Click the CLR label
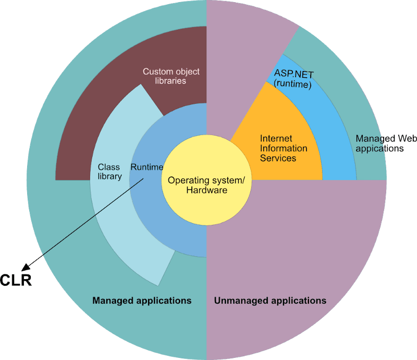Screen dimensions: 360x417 click(x=16, y=280)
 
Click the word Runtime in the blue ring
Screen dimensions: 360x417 click(x=146, y=167)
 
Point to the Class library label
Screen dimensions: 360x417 click(x=110, y=172)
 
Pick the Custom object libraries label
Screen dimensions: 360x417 click(x=171, y=76)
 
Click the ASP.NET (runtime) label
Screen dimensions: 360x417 click(x=293, y=79)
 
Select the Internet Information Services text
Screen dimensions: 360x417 click(x=284, y=148)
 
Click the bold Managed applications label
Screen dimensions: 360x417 click(x=142, y=301)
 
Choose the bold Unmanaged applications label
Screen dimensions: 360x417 click(x=271, y=301)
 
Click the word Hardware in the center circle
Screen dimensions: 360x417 click(x=207, y=190)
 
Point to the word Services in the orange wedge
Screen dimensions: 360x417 click(x=278, y=158)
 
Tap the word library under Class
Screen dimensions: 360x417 click(x=110, y=176)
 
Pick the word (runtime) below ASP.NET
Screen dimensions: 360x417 click(x=292, y=83)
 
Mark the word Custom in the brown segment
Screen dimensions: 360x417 click(x=158, y=71)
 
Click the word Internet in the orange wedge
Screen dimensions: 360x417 click(x=276, y=138)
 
